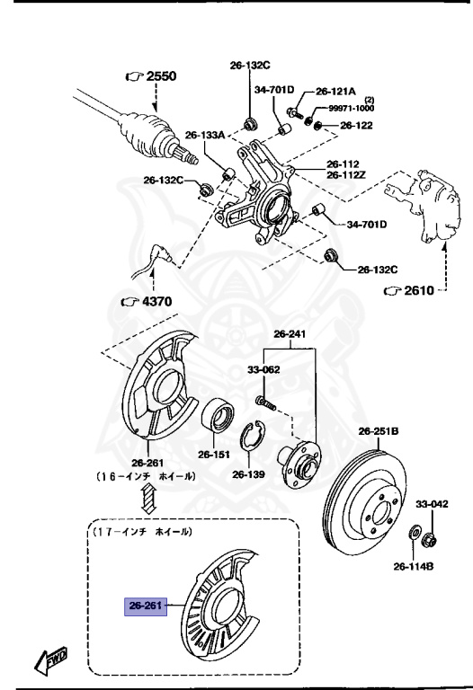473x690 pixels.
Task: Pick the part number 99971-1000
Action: [350, 108]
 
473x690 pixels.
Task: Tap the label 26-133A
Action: [204, 135]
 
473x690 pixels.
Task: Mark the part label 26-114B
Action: [414, 566]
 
